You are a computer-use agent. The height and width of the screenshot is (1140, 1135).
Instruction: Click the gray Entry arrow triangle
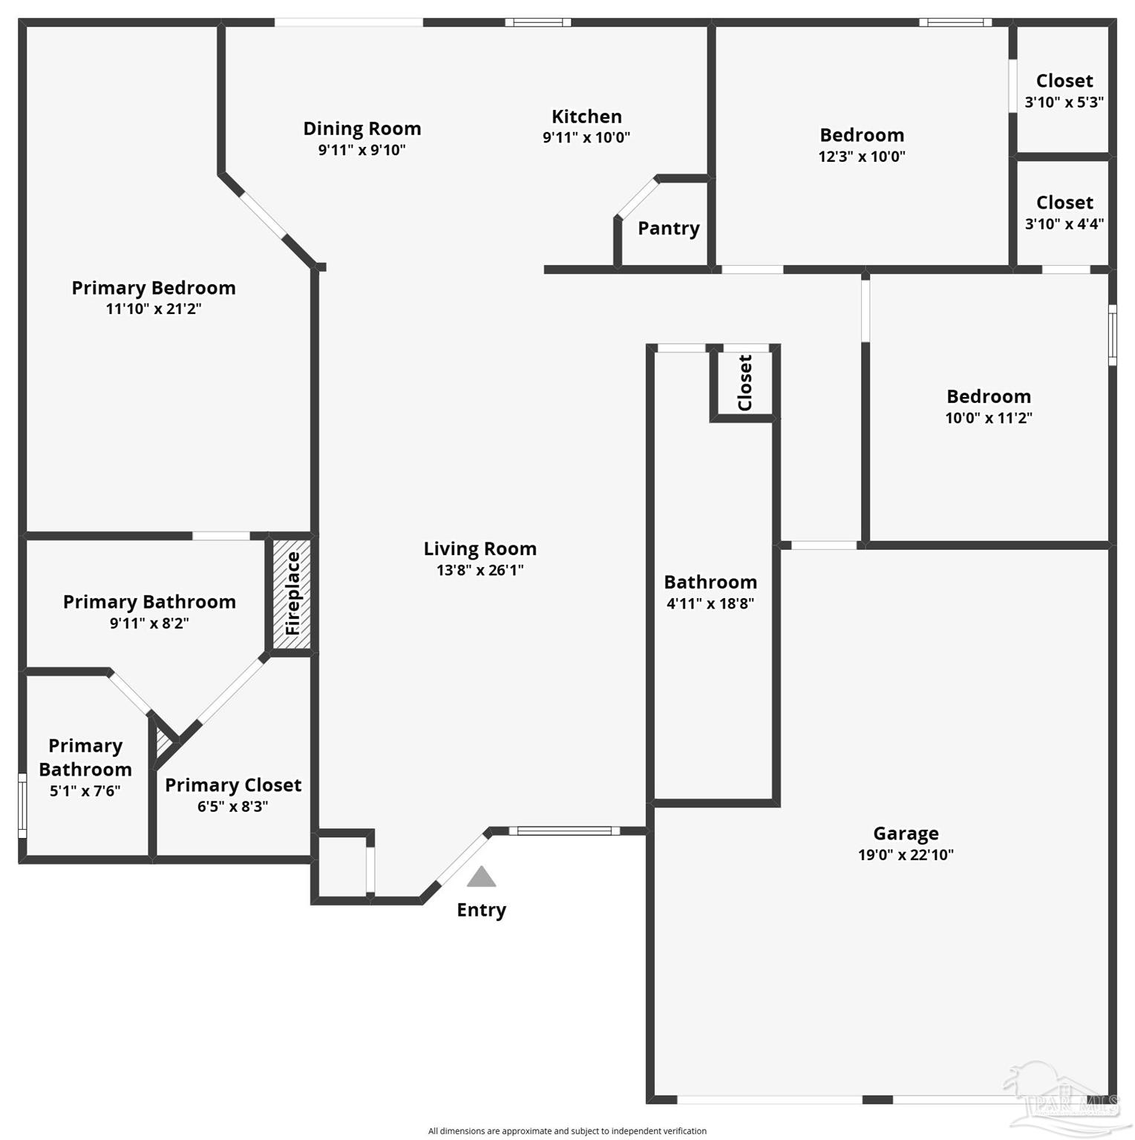tap(481, 877)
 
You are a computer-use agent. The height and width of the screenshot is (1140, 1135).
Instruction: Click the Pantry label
tap(668, 228)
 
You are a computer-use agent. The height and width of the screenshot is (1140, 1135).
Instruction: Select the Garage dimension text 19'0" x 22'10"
tap(905, 854)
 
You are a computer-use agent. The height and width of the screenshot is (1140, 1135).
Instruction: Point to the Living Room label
tap(480, 548)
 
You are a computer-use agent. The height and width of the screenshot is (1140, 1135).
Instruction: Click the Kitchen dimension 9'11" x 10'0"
tap(586, 137)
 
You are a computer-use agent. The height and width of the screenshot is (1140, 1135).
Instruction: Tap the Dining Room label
tap(362, 128)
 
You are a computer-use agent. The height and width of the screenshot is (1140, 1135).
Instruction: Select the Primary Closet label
tap(233, 784)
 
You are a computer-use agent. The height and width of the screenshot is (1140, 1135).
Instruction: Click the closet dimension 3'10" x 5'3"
tap(1064, 102)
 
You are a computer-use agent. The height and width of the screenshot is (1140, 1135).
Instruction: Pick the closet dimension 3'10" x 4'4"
tap(1064, 224)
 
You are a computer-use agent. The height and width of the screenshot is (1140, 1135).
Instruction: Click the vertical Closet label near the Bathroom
tap(745, 383)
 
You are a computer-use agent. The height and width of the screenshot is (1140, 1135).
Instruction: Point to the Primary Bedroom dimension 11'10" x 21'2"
tap(154, 309)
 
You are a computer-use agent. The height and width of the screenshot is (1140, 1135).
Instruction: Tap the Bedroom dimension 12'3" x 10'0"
tap(861, 157)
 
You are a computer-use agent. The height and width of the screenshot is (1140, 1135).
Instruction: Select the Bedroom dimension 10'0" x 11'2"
tap(988, 418)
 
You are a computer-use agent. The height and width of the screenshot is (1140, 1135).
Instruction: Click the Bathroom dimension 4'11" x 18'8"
tap(710, 603)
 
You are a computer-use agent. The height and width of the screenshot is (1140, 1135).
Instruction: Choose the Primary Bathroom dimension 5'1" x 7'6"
tap(85, 791)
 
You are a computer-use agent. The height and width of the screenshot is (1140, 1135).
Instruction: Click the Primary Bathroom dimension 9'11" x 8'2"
tap(149, 623)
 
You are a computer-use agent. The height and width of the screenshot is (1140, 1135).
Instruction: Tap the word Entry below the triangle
tap(481, 910)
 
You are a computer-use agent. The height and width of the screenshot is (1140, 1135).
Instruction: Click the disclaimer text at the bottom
tap(567, 1131)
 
